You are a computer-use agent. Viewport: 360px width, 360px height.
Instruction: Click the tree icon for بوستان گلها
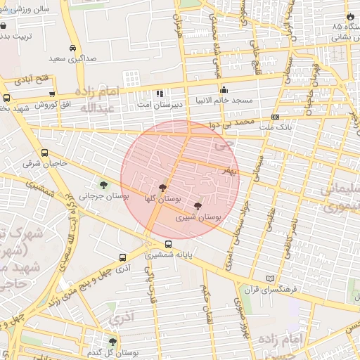click(163, 188)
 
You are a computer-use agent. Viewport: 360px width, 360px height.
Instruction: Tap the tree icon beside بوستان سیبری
click(198, 207)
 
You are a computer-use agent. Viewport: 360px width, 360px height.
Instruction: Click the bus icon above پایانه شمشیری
click(168, 244)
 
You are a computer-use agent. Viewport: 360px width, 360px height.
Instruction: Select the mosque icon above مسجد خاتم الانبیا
click(224, 89)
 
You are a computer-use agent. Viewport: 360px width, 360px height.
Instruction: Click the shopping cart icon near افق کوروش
click(52, 94)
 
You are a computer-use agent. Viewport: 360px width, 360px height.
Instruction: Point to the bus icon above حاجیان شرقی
click(45, 153)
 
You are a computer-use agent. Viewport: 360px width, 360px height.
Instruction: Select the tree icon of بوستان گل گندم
click(112, 342)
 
